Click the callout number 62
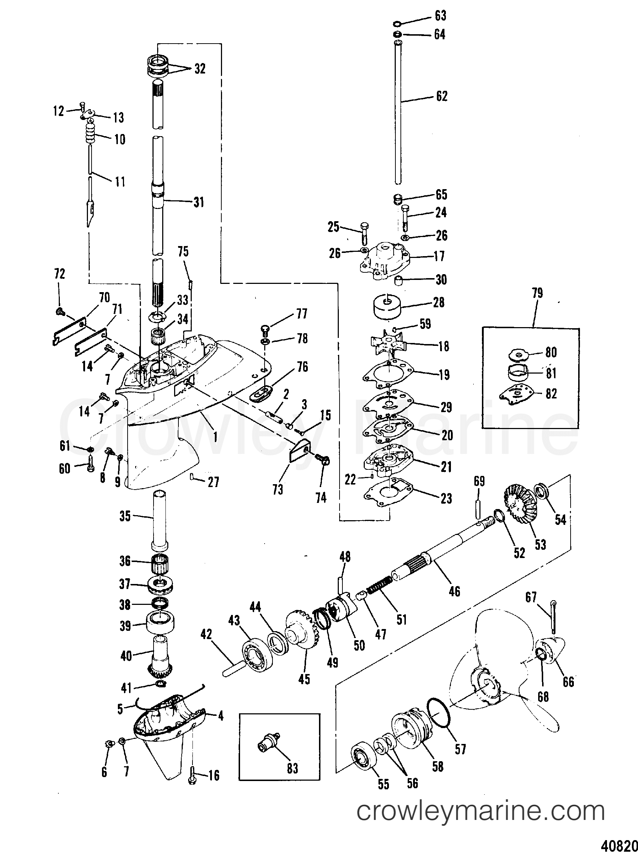point(442,96)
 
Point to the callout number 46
point(454,591)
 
